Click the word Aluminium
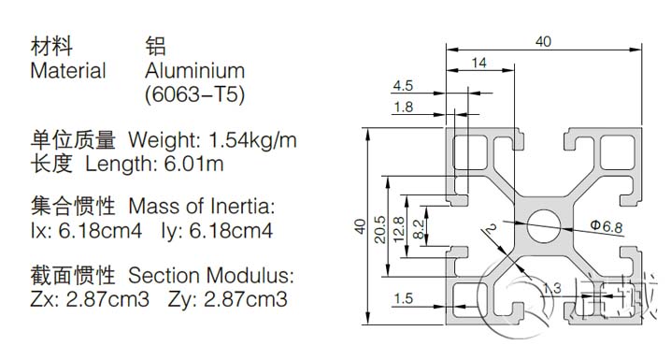pyautogui.click(x=194, y=70)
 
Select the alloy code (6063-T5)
pyautogui.click(x=195, y=94)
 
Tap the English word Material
pyautogui.click(x=68, y=70)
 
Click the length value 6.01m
pyautogui.click(x=197, y=165)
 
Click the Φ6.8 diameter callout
pyautogui.click(x=605, y=225)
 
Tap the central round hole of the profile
pyautogui.click(x=543, y=222)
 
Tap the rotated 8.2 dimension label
pyautogui.click(x=420, y=223)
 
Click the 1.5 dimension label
pyautogui.click(x=403, y=298)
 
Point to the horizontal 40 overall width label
pyautogui.click(x=544, y=40)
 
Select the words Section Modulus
pyautogui.click(x=210, y=276)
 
